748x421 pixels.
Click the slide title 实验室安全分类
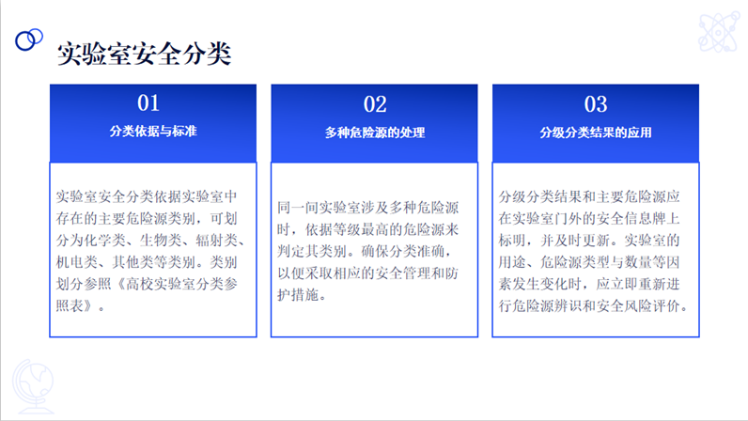point(144,54)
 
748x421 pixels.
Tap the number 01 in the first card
point(148,102)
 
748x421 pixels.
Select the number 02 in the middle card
point(375,104)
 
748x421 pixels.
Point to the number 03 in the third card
point(596,104)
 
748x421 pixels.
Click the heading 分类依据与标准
point(153,132)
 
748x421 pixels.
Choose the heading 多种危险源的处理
point(375,133)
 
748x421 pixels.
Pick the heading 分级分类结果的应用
point(596,133)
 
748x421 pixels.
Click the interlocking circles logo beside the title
point(28,39)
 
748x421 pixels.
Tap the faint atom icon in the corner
point(719,32)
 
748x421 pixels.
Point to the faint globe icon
point(33,386)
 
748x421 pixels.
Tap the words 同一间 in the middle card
point(298,207)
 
